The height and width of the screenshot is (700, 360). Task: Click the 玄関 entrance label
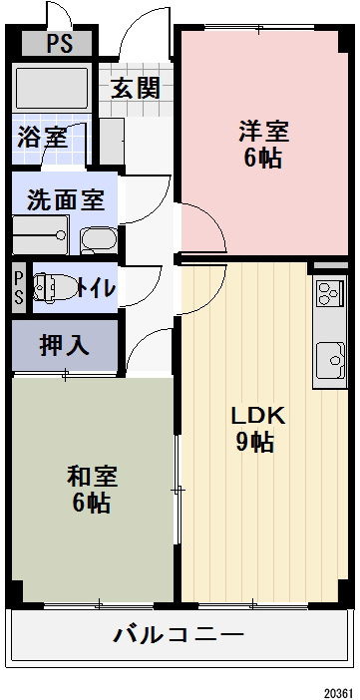[x=136, y=87]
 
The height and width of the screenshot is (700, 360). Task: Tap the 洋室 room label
[x=262, y=130]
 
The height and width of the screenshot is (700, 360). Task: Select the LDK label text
[x=258, y=416]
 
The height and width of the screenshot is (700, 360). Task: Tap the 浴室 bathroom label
[x=42, y=137]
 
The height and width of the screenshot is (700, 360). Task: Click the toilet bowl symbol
[x=52, y=287]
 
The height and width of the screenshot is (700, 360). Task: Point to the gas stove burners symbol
[x=328, y=293]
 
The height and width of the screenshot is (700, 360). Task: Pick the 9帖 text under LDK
[x=257, y=444]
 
